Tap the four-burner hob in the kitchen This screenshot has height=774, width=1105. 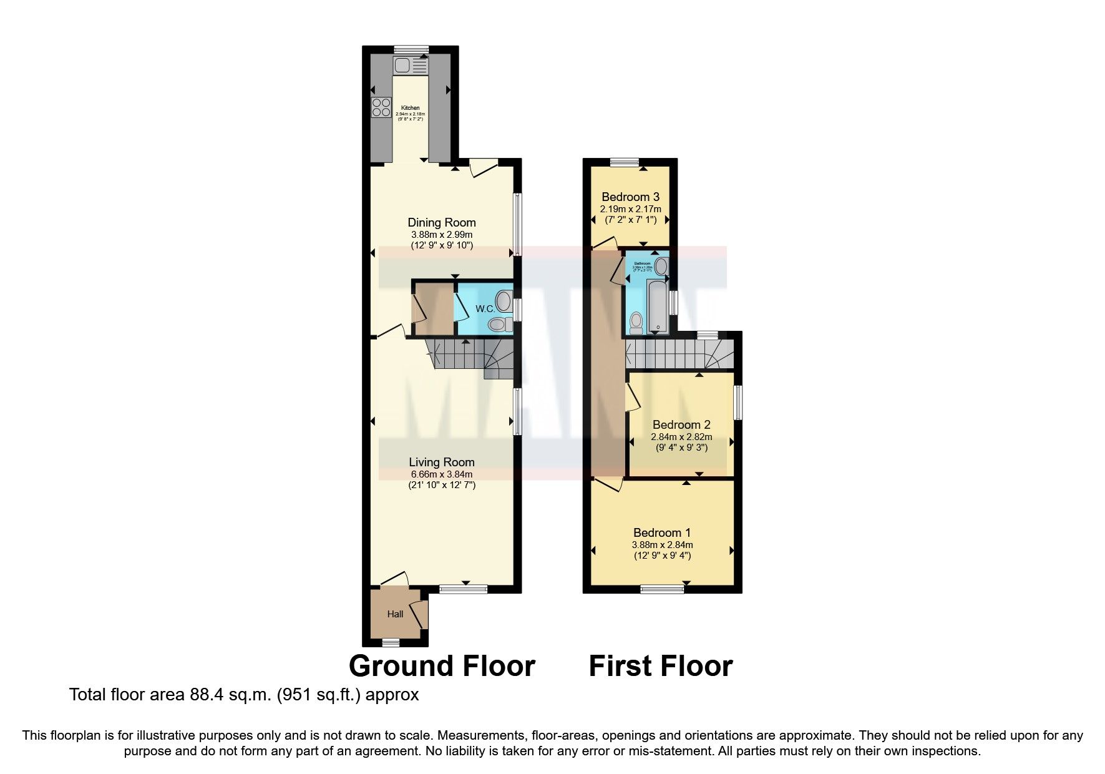point(381,108)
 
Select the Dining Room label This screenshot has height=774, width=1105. point(441,223)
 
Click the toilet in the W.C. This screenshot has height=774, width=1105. point(497,324)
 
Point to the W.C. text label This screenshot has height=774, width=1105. point(485,309)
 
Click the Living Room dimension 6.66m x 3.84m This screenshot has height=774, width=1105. point(441,474)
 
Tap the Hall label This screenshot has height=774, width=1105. point(395,614)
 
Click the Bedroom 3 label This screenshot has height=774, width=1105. point(630,197)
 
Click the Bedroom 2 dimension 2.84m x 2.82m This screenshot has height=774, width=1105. point(681,437)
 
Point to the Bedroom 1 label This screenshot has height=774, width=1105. point(661,532)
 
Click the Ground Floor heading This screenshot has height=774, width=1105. point(442,667)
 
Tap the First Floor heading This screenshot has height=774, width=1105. point(660,667)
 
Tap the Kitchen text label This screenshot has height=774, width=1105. point(410,108)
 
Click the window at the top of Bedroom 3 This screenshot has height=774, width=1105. point(625,162)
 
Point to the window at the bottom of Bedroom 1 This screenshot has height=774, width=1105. point(662,589)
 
